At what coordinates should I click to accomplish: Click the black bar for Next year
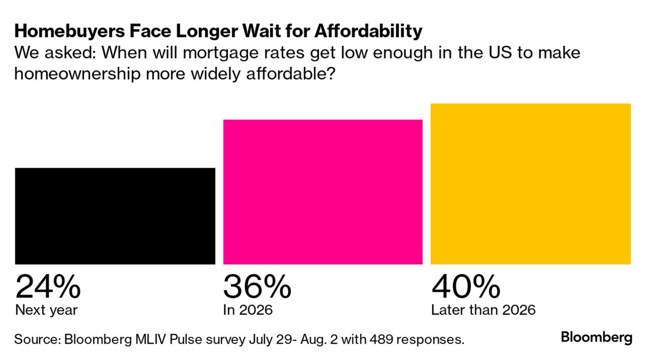pos(115,216)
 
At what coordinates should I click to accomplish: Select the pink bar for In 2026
pos(323,192)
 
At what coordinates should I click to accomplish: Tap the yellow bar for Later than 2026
pos(530,184)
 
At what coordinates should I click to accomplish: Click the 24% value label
pos(48,287)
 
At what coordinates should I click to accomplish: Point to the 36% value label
pos(257,287)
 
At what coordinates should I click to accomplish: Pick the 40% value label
pos(465,287)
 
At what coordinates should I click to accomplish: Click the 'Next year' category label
pos(46,310)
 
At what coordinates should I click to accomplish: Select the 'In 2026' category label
pos(248,310)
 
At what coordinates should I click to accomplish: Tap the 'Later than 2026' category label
pos(483,310)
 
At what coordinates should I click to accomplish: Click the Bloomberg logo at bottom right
pos(596,338)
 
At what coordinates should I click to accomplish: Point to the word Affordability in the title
pos(368,32)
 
